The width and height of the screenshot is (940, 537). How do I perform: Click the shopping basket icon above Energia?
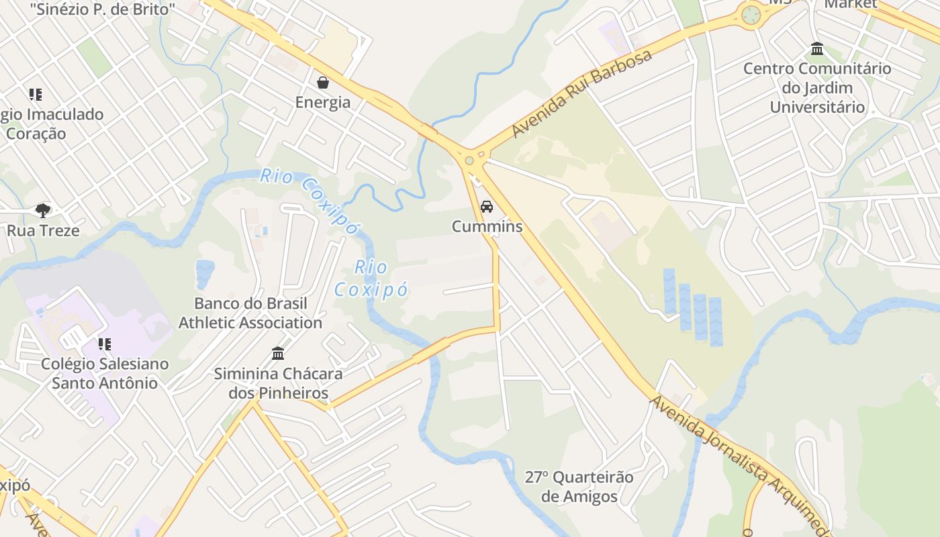point(323,83)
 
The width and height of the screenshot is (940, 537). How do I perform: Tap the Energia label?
point(323,102)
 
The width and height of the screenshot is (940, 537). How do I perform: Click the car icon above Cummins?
point(487,207)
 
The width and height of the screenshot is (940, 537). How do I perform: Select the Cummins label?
point(487,226)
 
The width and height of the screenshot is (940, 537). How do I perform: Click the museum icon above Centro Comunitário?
point(817,49)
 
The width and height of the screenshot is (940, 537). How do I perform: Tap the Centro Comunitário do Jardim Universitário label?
point(817,88)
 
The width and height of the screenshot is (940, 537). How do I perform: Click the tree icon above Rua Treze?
point(43,211)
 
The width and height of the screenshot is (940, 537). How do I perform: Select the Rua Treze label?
point(43,231)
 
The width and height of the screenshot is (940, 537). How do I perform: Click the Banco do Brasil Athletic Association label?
point(250,313)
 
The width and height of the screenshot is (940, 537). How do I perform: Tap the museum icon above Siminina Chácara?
point(278,353)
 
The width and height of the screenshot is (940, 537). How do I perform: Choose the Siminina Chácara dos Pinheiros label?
point(278,383)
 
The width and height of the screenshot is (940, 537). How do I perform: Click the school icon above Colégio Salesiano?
point(105,344)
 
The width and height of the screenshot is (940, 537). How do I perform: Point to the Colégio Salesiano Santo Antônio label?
point(105,373)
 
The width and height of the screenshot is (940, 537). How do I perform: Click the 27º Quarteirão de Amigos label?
point(579,487)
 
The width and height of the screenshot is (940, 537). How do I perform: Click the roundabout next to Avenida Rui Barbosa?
point(469,161)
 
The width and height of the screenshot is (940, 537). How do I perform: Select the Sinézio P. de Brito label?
point(103,9)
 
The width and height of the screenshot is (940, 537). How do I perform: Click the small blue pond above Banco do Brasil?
point(205,272)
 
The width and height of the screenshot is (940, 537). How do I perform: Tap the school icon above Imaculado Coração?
point(35,95)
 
